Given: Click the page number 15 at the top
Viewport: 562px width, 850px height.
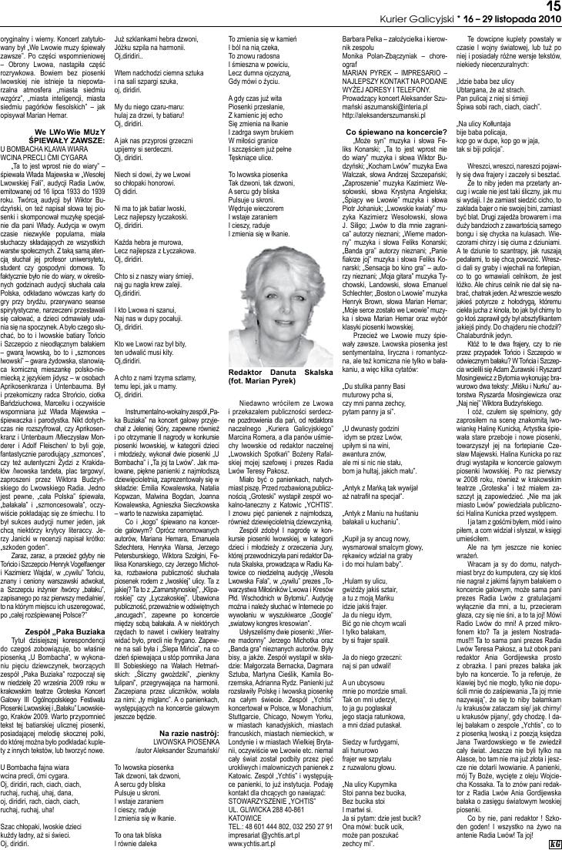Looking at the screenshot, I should point(550,6).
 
